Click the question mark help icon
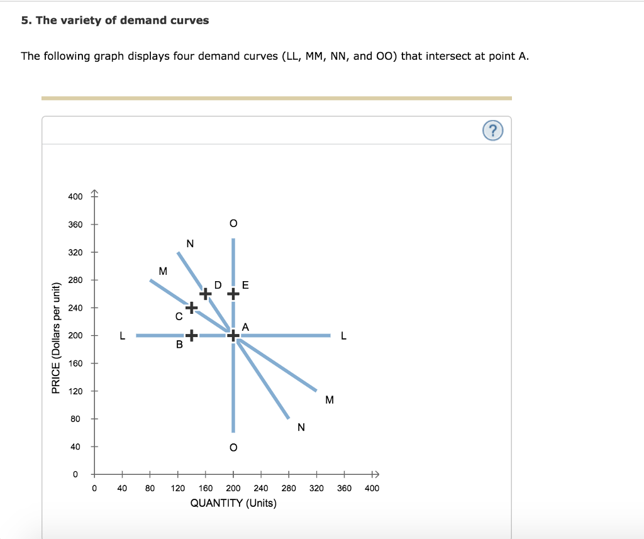coord(494,131)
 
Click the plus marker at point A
coord(233,336)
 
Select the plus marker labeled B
coord(191,336)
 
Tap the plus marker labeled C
coord(191,307)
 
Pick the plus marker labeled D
coord(206,293)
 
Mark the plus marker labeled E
coord(233,293)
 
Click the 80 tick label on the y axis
coord(75,419)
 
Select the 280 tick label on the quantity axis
coord(289,488)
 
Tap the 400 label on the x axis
coord(372,488)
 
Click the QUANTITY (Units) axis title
coord(233,503)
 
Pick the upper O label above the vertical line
coord(233,223)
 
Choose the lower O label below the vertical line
coord(233,448)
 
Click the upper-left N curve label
coord(191,243)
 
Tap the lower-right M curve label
coord(330,400)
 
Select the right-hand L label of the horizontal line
coord(343,336)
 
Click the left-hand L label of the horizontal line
coord(123,336)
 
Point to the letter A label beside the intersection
coord(245,326)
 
